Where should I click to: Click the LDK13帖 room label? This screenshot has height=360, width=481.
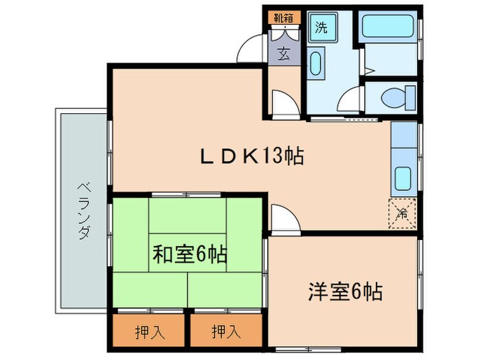[x=251, y=156]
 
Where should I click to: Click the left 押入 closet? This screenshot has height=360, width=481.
[x=148, y=333]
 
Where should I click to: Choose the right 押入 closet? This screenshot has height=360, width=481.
[x=225, y=333]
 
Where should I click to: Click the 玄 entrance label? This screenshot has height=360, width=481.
[x=284, y=53]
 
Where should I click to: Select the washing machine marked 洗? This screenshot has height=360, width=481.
[x=321, y=28]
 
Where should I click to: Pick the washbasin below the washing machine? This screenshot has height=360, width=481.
[x=316, y=64]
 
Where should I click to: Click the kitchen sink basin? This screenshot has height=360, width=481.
[x=404, y=180]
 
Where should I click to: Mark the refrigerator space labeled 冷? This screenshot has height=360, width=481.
[x=403, y=213]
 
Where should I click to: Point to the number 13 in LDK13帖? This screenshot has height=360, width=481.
[x=271, y=156]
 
